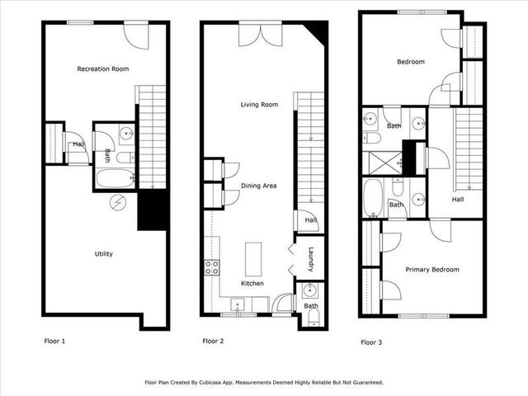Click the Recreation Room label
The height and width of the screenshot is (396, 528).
102,68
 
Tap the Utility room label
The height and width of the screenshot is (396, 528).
102,253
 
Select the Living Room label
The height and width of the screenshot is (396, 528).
259,105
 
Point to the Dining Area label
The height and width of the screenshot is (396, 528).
258,186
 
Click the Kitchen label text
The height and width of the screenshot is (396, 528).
252,283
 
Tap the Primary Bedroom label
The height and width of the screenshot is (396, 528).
431,269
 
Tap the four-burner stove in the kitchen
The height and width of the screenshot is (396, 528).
212,266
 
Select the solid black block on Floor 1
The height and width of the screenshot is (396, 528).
153,210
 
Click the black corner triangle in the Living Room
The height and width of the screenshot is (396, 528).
318,32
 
